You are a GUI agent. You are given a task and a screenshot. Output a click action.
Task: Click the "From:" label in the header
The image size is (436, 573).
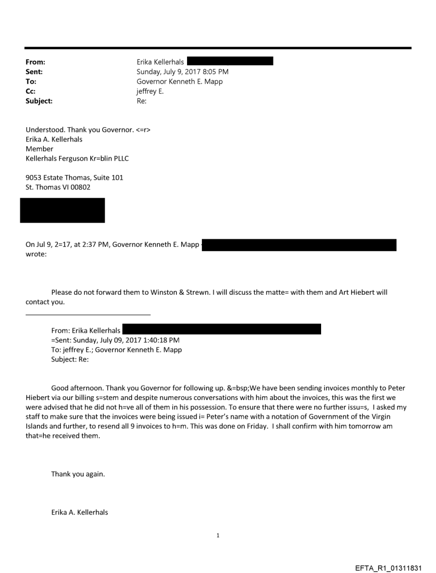coord(35,62)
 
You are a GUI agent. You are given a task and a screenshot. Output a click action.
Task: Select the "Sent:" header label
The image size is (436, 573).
coord(34,72)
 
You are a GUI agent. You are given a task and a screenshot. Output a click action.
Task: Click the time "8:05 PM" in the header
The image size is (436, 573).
coord(215,72)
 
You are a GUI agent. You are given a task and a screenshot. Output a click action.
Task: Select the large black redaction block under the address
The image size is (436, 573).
coord(63,210)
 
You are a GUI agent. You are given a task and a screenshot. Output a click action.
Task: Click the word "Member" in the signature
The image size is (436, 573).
coord(40,149)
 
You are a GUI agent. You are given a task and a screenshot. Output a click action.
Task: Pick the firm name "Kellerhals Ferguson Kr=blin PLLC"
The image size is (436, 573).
coord(77,159)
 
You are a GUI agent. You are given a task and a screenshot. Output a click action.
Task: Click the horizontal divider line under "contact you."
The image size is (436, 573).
coord(88,315)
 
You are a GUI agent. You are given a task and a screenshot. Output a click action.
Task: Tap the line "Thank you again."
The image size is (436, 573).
coord(77,474)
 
